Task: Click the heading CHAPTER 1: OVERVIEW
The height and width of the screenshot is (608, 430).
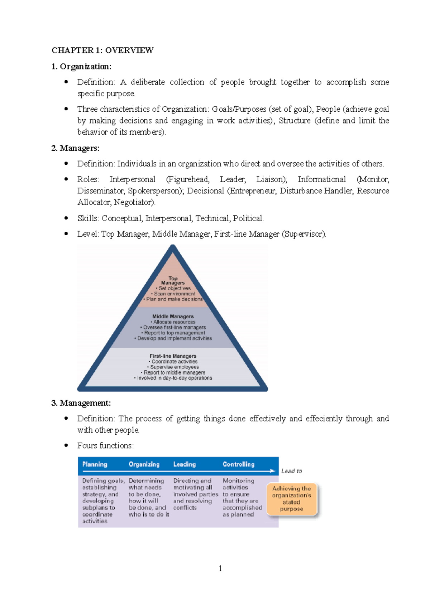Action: tap(102, 50)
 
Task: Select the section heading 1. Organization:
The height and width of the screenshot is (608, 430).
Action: tap(81, 67)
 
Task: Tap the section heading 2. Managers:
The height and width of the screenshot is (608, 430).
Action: tap(75, 148)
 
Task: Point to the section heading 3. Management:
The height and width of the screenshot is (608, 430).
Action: tap(81, 403)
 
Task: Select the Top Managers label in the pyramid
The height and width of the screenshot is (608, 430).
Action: tap(173, 280)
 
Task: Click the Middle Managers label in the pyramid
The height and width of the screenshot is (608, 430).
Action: tap(173, 317)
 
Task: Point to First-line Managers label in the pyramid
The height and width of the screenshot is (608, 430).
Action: tap(173, 356)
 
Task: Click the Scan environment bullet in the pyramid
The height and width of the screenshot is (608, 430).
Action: tap(174, 294)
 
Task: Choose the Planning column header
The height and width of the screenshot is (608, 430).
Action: tap(95, 464)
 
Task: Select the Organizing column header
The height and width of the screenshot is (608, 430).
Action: tap(144, 464)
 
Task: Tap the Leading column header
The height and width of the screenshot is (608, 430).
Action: tap(185, 464)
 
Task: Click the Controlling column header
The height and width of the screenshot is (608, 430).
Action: tap(239, 464)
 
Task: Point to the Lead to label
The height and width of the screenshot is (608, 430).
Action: tap(292, 471)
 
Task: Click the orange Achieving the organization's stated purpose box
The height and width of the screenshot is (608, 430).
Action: tap(292, 499)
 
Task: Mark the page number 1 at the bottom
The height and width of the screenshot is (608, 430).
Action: tap(220, 569)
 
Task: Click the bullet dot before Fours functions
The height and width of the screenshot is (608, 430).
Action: tap(66, 445)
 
